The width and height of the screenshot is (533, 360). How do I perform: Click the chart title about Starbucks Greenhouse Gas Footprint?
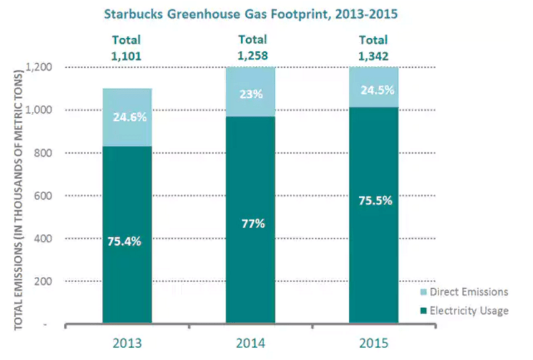tap(251, 14)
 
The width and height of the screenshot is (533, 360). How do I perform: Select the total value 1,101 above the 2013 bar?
tap(126, 56)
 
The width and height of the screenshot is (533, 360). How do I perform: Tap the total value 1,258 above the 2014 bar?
tap(253, 56)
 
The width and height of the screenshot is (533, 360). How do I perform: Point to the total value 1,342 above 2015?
tap(373, 56)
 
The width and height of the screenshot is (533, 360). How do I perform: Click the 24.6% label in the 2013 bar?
tap(130, 117)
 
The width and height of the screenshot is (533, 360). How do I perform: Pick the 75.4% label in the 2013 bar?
tap(124, 242)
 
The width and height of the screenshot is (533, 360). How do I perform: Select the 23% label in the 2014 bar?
tap(252, 94)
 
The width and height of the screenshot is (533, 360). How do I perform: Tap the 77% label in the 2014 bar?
tap(254, 224)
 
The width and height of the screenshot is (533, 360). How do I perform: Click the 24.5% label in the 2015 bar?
tap(377, 90)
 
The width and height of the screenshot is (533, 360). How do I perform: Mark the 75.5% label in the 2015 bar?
tap(375, 200)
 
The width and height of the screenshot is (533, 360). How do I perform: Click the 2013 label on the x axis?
tap(127, 343)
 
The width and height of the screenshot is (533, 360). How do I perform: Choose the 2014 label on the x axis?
tap(250, 343)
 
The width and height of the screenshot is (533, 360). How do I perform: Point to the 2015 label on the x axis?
tap(373, 343)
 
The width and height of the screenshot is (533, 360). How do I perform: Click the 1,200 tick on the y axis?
tap(40, 67)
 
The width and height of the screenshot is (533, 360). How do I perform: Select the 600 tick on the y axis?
tap(43, 196)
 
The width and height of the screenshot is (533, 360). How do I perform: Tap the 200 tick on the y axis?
tap(43, 281)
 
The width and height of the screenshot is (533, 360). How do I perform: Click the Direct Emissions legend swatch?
tap(424, 292)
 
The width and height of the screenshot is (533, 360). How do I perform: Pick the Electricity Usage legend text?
tap(469, 311)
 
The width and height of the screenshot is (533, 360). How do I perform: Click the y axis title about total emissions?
tap(18, 200)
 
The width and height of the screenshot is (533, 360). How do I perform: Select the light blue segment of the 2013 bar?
tap(127, 117)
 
